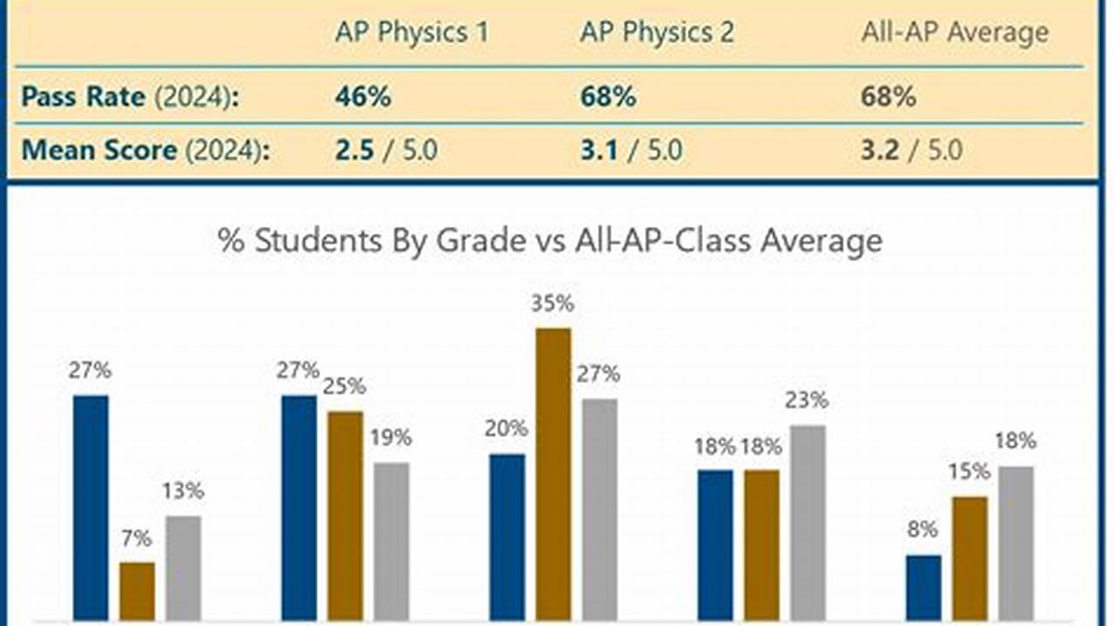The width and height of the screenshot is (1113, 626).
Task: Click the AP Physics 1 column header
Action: tap(412, 33)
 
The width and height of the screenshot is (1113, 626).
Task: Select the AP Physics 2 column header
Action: tap(657, 33)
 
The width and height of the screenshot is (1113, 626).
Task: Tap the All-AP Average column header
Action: tap(955, 33)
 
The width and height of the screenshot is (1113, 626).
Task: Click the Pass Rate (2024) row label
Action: tap(130, 97)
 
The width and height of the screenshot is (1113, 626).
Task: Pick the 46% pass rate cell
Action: tap(363, 97)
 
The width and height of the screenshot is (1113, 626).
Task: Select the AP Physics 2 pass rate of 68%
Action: tap(608, 97)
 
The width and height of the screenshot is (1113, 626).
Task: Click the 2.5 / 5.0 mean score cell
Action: tap(386, 150)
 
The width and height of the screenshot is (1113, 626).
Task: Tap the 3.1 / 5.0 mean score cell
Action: tap(632, 150)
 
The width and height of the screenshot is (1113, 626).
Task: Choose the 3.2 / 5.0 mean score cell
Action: tap(911, 150)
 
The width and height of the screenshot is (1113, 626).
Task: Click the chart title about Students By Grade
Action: tap(550, 241)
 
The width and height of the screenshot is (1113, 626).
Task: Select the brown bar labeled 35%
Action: tap(553, 473)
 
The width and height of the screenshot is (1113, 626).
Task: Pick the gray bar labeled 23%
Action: tap(808, 522)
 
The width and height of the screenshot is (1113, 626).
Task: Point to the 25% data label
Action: tap(345, 386)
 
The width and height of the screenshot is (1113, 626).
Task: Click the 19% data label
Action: tap(391, 437)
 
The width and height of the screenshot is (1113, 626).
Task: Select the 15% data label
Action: tap(969, 471)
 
